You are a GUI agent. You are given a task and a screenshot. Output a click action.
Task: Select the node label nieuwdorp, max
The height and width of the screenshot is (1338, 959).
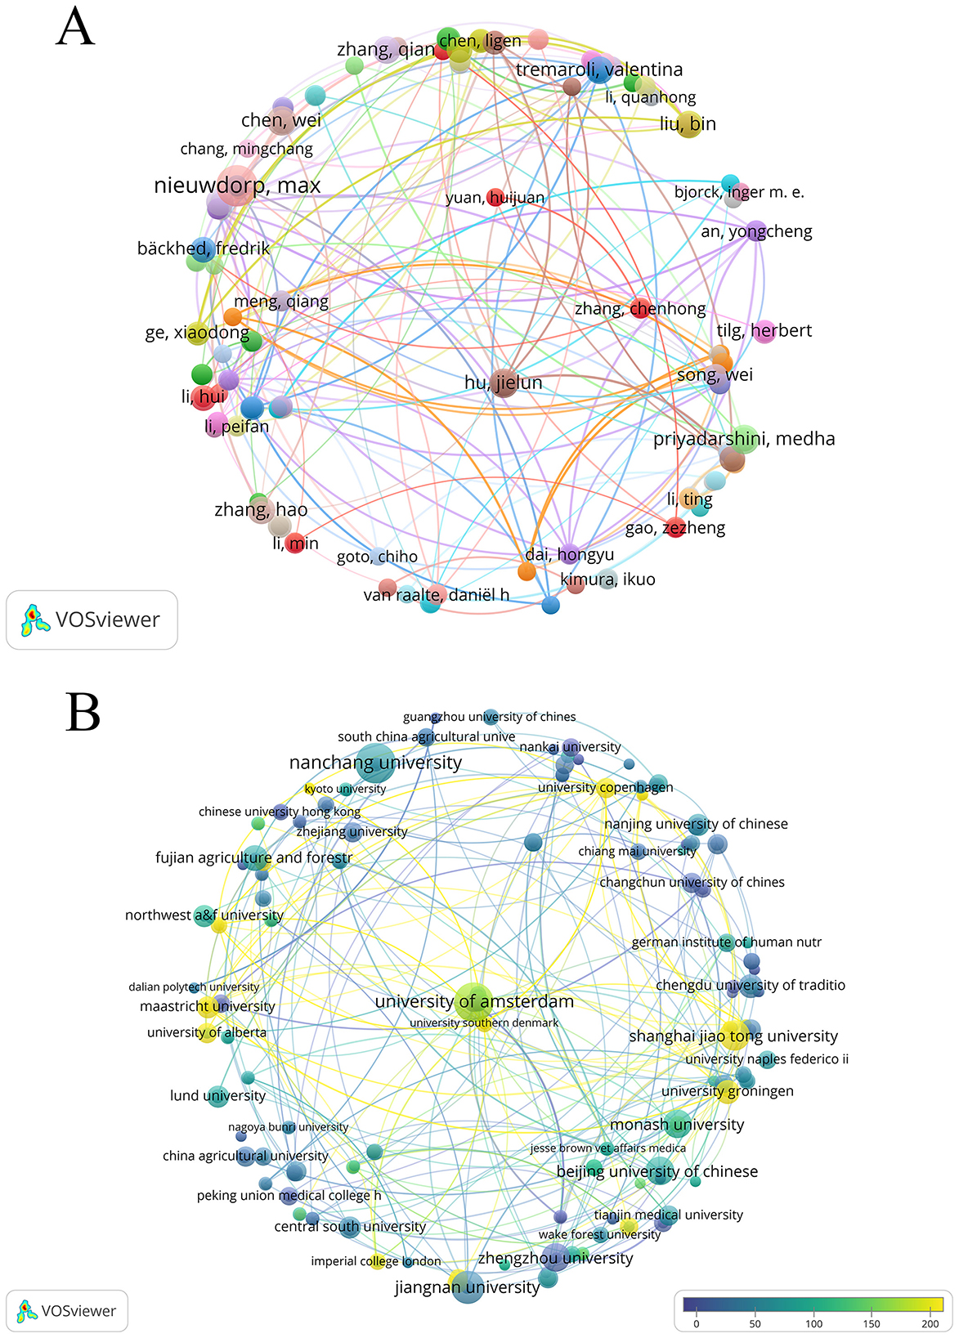click(x=237, y=186)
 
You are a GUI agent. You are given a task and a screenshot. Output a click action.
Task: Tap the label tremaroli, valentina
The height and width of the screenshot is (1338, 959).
click(x=598, y=69)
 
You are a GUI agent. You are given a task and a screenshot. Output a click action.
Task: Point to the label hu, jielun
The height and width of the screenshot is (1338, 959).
click(x=503, y=383)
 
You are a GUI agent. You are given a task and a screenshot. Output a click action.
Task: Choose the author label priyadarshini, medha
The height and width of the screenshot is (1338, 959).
click(x=744, y=439)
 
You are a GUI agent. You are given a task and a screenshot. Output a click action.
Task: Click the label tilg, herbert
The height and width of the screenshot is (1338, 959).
click(x=764, y=330)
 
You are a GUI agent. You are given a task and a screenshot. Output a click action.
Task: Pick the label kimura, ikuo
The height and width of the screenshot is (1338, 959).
click(x=607, y=580)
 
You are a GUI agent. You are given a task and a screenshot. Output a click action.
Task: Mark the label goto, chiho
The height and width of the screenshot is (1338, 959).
click(x=377, y=557)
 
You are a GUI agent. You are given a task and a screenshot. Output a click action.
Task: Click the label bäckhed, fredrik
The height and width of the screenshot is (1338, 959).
click(x=203, y=248)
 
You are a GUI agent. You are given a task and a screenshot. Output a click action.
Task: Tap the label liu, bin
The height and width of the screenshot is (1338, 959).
click(x=688, y=123)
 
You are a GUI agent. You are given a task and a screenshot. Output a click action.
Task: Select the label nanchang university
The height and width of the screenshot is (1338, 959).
click(x=375, y=763)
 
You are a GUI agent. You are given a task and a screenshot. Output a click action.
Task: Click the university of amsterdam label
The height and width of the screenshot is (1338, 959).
click(x=474, y=1001)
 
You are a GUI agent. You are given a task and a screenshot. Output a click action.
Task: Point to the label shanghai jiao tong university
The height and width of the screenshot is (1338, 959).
click(x=733, y=1036)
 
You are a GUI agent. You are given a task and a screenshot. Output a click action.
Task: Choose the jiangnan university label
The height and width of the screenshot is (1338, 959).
click(x=467, y=1287)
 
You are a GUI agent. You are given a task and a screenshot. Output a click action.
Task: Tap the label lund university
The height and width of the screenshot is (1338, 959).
click(x=217, y=1095)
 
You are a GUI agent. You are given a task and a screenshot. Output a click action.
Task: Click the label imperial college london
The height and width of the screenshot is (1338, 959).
click(x=376, y=1261)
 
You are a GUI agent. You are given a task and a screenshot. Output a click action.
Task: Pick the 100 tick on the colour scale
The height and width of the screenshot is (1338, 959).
click(x=813, y=1323)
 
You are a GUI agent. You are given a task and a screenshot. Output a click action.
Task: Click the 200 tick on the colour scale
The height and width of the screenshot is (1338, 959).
click(x=930, y=1323)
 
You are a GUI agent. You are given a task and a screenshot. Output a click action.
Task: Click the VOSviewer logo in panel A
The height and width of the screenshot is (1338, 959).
click(x=92, y=620)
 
